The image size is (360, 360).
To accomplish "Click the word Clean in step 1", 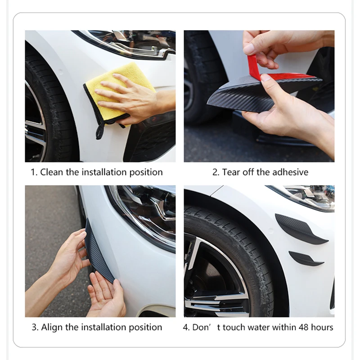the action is (x=51, y=172).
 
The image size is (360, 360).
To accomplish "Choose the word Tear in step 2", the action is (x=231, y=172).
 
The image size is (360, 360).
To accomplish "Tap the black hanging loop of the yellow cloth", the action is (x=100, y=131).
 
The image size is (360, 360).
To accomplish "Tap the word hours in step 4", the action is (x=322, y=327).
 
